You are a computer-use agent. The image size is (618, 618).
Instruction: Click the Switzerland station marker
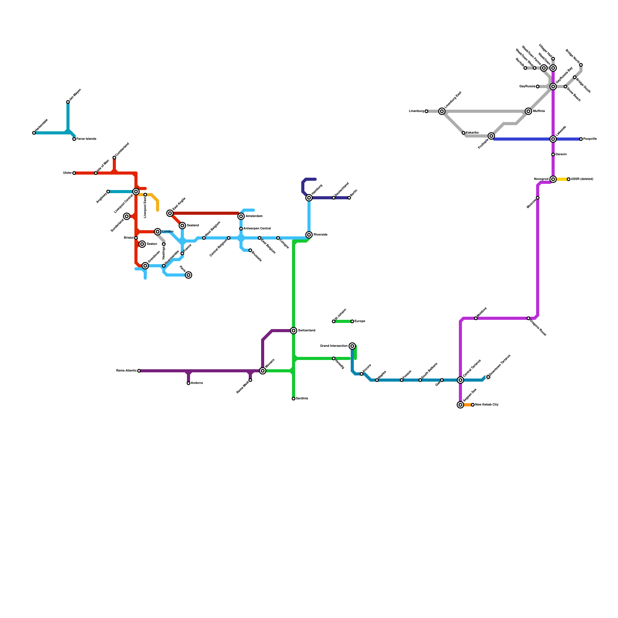[294, 331]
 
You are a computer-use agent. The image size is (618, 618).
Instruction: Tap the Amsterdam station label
[254, 216]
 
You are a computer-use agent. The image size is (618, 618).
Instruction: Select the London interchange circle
[158, 232]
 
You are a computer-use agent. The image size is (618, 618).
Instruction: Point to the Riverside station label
[321, 235]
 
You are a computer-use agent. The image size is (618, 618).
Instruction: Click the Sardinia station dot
[294, 399]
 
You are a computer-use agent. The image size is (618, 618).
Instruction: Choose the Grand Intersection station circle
[352, 346]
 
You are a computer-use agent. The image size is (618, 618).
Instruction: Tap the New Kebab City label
[487, 405]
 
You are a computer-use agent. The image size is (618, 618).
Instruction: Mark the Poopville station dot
[581, 139]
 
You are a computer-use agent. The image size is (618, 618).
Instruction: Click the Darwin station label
[561, 154]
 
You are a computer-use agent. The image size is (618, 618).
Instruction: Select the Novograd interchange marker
[553, 179]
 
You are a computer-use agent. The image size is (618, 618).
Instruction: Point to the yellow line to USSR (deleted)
[561, 179]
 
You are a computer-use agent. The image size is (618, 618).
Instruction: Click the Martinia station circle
[528, 111]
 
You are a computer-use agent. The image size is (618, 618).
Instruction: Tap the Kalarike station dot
[463, 133]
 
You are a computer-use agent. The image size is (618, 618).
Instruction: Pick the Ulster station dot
[74, 173]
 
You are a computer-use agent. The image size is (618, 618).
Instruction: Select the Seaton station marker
[142, 244]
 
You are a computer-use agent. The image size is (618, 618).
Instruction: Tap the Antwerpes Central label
[257, 229]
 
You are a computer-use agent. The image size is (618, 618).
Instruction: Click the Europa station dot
[352, 321]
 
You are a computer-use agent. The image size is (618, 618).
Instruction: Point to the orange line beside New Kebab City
[467, 405]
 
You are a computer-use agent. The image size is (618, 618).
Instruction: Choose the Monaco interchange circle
[263, 371]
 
